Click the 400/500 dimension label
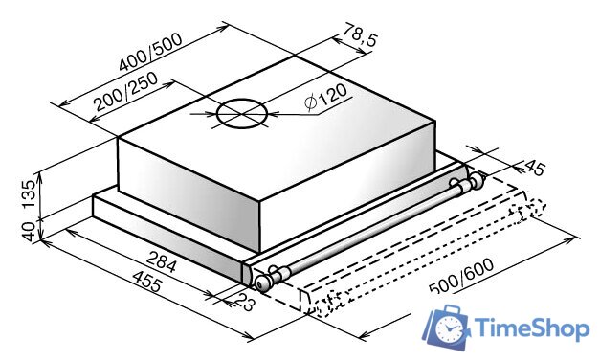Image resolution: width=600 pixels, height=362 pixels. click(x=150, y=53)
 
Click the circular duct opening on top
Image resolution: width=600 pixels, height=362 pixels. click(x=241, y=114)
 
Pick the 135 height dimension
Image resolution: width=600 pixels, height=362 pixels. click(x=30, y=194)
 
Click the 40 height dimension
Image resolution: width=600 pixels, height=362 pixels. click(x=30, y=231)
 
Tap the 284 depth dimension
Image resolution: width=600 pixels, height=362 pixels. click(x=162, y=260)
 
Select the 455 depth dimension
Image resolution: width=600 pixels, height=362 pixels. click(x=147, y=281)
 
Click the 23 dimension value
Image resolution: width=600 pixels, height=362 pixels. click(x=244, y=301)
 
